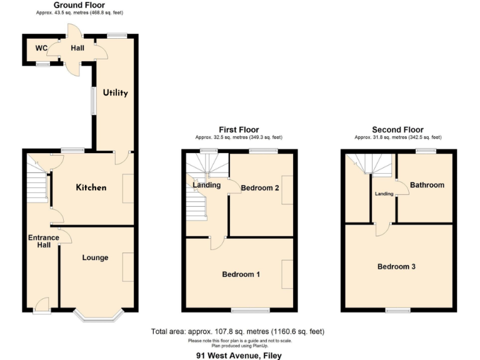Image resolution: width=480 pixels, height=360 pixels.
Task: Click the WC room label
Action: [x=41, y=48]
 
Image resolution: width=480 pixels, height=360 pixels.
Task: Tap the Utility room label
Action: [x=116, y=93]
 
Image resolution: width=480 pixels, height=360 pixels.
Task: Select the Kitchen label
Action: [x=91, y=187]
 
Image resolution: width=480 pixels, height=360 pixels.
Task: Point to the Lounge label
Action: [x=95, y=257]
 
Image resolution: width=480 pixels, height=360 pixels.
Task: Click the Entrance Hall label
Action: [x=43, y=242]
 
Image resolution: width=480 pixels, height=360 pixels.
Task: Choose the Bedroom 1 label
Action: [x=241, y=274]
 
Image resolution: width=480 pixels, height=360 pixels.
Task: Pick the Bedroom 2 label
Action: [x=260, y=187]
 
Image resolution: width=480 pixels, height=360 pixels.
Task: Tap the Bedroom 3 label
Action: [x=396, y=266]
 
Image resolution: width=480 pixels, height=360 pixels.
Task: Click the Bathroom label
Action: [x=427, y=185]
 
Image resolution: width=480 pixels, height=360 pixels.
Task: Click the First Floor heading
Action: [x=239, y=130]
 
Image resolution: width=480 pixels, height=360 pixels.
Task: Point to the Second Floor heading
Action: [x=397, y=130]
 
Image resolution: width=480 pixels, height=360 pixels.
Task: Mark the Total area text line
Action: [x=237, y=331]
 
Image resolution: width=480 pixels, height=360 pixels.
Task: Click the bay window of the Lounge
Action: [x=99, y=317]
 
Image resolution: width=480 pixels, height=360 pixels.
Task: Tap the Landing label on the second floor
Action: [x=384, y=194]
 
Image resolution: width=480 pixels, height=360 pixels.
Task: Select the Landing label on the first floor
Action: [x=206, y=185]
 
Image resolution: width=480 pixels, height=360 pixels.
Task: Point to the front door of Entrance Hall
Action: [x=42, y=306]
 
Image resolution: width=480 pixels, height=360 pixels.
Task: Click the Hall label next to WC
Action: [x=77, y=47]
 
